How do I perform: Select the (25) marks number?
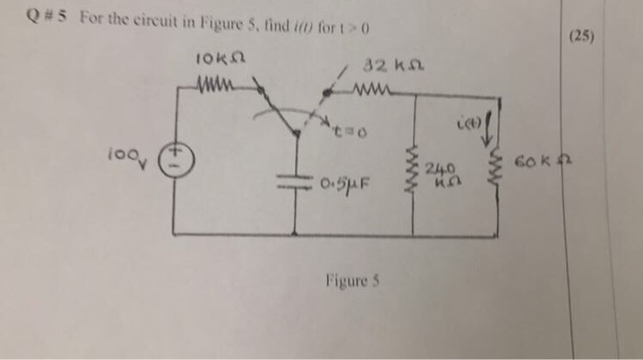582,38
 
